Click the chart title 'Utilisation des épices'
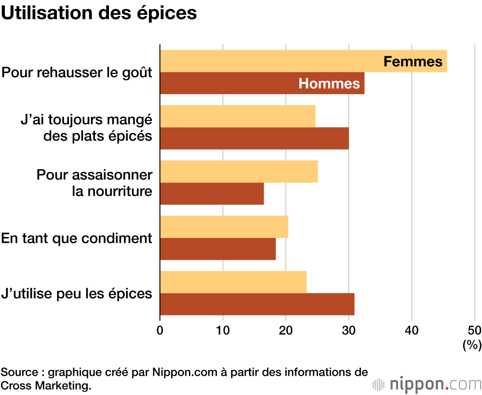point(99,13)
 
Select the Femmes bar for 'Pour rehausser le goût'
point(270,61)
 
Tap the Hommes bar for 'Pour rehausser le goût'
point(227,83)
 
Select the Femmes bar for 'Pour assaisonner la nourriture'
point(239,171)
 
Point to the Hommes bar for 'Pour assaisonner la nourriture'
point(212,194)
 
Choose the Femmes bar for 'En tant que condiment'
point(224,227)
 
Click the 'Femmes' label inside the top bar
point(413,62)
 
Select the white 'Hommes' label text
point(329,84)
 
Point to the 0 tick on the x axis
point(160,330)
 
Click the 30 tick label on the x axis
point(348,330)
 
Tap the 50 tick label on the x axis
point(474,330)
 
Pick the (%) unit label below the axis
point(472,345)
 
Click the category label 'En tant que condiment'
point(77,238)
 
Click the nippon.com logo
point(427,384)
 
